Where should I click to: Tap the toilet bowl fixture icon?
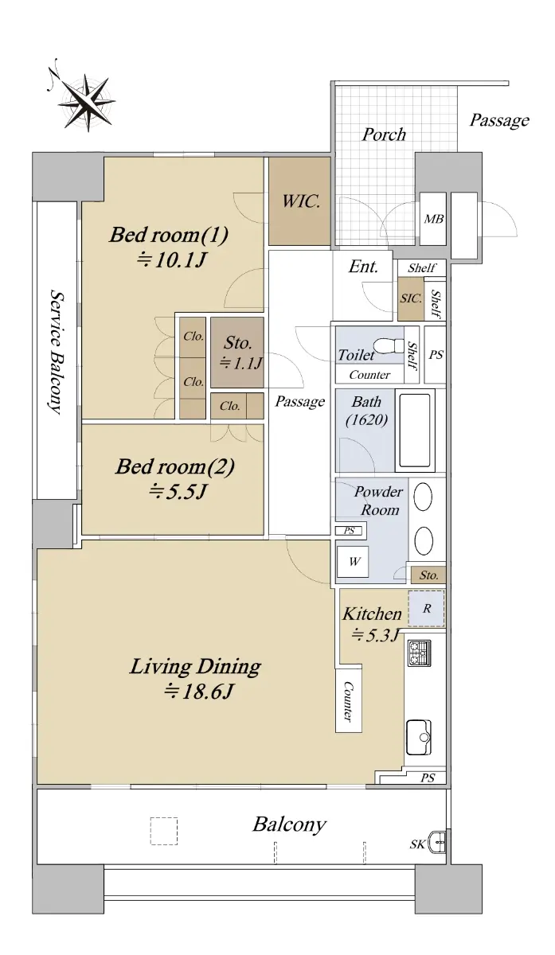[x=389, y=345]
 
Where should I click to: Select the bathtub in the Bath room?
[x=414, y=431]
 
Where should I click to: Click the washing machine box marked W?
[x=353, y=562]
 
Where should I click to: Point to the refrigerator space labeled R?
[x=426, y=608]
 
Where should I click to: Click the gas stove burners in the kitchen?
[x=420, y=653]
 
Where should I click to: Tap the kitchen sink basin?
[x=419, y=737]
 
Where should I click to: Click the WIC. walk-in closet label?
[x=301, y=201]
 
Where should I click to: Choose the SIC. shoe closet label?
[x=411, y=298]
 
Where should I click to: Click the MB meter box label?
[x=433, y=219]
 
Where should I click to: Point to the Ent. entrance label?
[x=363, y=267]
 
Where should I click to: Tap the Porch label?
[x=384, y=134]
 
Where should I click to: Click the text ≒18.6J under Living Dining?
[x=199, y=691]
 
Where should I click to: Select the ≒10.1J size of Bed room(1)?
[x=171, y=259]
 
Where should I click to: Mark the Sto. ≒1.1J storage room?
[x=236, y=352]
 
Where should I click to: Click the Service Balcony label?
[x=57, y=352]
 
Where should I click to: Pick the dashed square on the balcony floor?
[x=164, y=831]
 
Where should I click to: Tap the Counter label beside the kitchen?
[x=349, y=701]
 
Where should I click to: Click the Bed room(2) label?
[x=175, y=466]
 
